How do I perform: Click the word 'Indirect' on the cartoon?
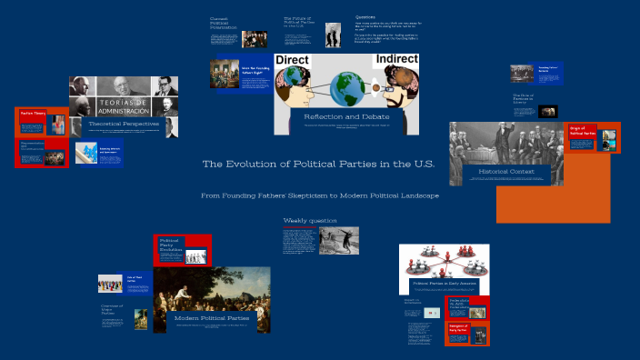(396, 59)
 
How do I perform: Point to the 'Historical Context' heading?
(505, 170)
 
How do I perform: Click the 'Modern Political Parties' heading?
(212, 317)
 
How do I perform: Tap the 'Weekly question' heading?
(310, 220)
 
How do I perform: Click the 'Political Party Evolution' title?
(171, 246)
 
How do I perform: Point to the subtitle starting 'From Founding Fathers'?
(320, 195)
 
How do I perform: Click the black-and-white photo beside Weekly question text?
(338, 240)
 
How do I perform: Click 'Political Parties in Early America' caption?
(445, 283)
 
